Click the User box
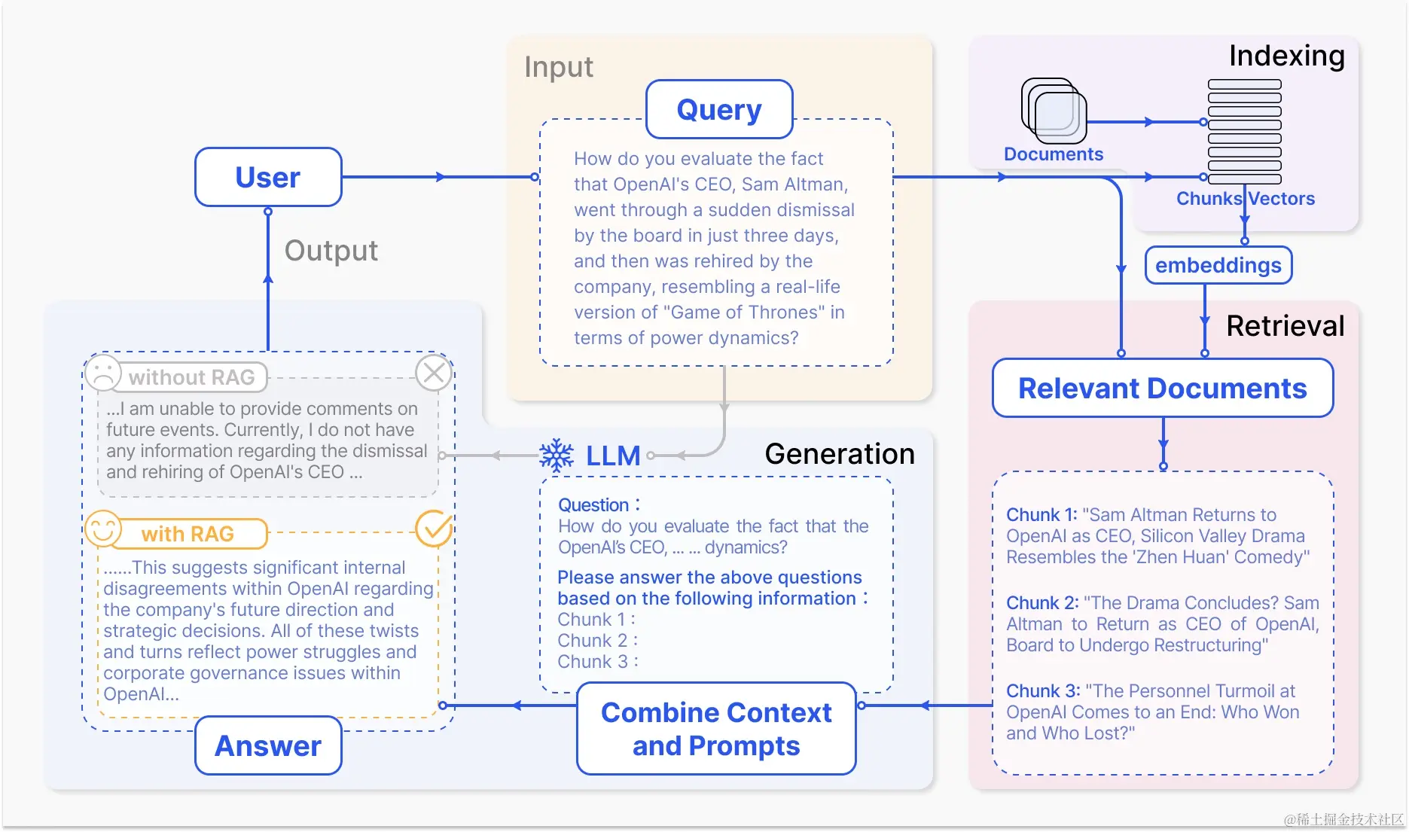tap(268, 178)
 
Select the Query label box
tap(719, 110)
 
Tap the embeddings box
tap(1218, 266)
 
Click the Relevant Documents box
tap(1162, 389)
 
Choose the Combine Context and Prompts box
tap(716, 729)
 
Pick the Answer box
tap(268, 746)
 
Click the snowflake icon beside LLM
tap(557, 456)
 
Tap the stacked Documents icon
tap(1054, 111)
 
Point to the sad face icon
tap(103, 373)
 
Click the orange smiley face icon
tap(103, 529)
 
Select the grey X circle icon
tap(434, 373)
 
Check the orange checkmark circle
tap(434, 529)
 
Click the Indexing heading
tap(1286, 56)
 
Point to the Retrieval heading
tap(1285, 326)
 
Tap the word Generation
tap(839, 454)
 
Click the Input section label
tap(558, 67)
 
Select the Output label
tap(331, 251)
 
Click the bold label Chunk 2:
tap(1042, 603)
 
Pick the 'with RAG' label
tap(188, 534)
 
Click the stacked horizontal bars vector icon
tap(1244, 132)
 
